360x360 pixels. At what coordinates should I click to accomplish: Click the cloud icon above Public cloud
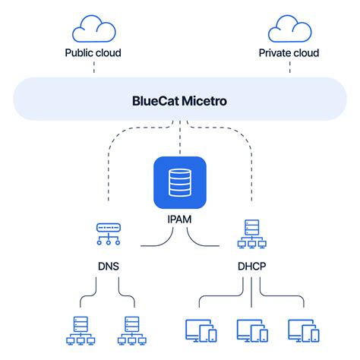tap(93, 30)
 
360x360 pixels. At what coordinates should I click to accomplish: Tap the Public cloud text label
tap(93, 53)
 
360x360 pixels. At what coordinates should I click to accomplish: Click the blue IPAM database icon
tap(179, 182)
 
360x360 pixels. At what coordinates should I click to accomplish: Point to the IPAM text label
tap(179, 219)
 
